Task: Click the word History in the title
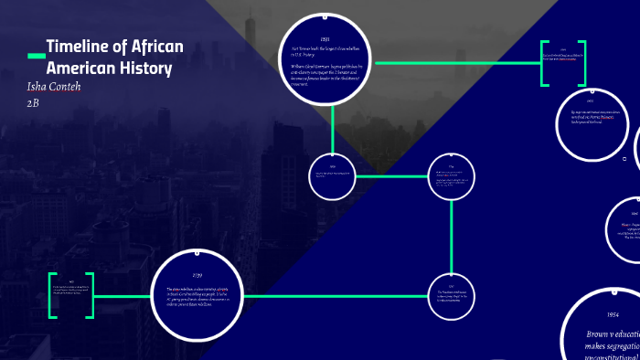point(143,68)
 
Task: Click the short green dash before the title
point(36,57)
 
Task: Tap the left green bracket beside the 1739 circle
point(52,295)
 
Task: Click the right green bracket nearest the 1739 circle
point(91,295)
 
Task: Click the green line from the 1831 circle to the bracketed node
point(457,63)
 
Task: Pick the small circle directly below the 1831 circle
point(334,175)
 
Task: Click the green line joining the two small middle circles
point(392,176)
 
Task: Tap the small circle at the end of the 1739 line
point(452,295)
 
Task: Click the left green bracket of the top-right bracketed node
point(544,64)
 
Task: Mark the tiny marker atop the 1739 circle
point(197,249)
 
